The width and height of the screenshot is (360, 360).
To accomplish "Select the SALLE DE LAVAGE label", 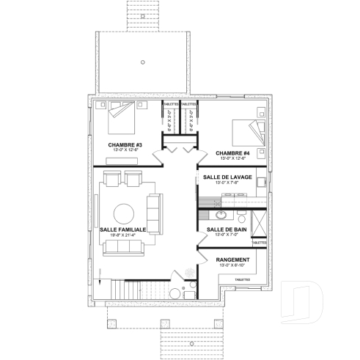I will (x=229, y=177).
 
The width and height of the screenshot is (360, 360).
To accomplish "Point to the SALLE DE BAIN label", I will (x=226, y=229).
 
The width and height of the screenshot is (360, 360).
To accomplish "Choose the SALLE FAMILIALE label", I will (x=122, y=229).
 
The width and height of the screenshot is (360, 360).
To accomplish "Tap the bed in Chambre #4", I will (x=241, y=131).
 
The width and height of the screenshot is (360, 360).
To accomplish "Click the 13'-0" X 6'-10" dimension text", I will (x=234, y=265).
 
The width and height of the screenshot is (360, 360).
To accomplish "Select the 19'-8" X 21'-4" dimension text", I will (x=122, y=235).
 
